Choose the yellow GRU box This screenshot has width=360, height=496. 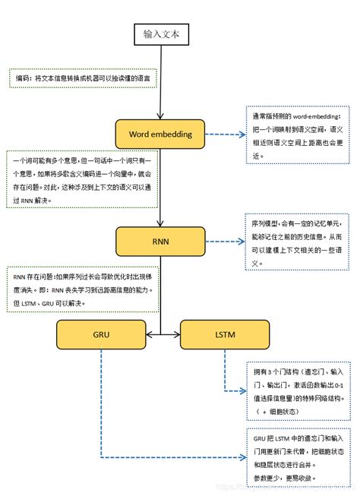pyautogui.click(x=100, y=333)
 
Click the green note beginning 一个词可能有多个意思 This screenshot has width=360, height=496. pyautogui.click(x=82, y=179)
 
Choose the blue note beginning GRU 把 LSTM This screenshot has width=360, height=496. pyautogui.click(x=299, y=456)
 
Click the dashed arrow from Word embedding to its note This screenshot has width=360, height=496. pyautogui.click(x=224, y=134)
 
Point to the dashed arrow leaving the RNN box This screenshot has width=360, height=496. pyautogui.click(x=224, y=242)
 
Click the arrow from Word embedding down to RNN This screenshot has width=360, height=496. pyautogui.click(x=159, y=186)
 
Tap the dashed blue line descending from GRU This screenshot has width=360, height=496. pyautogui.click(x=100, y=403)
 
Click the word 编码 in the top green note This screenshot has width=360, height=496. pyautogui.click(x=24, y=77)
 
